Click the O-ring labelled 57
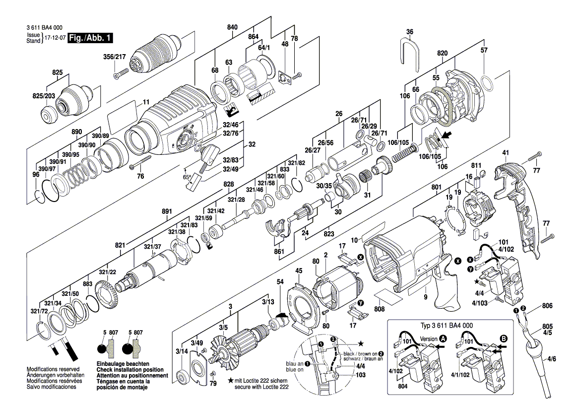point(487,84)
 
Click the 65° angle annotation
point(187,177)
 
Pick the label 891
point(167,211)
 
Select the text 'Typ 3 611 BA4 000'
point(448,326)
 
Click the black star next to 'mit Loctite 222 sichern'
point(231,380)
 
